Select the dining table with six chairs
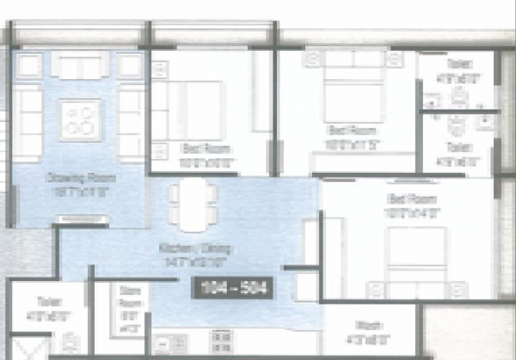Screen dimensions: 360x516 (188, 205)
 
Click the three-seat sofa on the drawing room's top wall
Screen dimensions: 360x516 (79, 64)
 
